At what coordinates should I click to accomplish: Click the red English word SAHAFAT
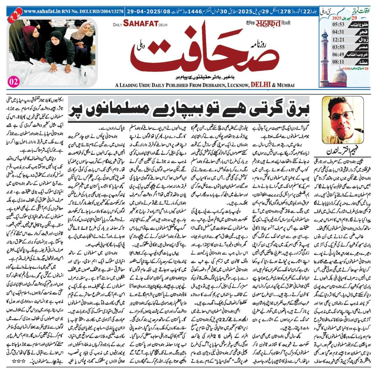click(x=141, y=23)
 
